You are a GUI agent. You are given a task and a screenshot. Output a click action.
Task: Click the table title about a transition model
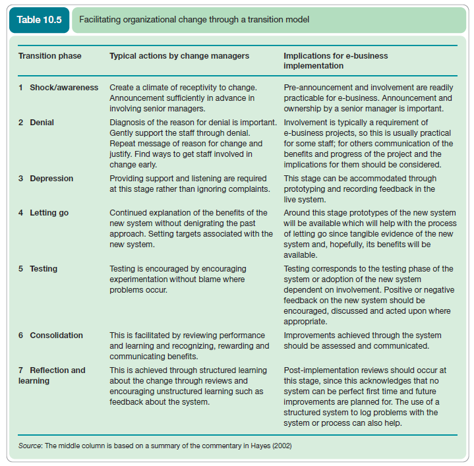pyautogui.click(x=194, y=20)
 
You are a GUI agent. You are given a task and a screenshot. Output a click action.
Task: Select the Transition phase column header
pyautogui.click(x=49, y=56)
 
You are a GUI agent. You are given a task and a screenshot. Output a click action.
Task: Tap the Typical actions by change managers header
pyautogui.click(x=179, y=56)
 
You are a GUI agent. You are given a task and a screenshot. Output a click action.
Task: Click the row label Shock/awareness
pyautogui.click(x=64, y=88)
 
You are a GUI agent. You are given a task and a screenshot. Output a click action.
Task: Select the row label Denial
pyautogui.click(x=42, y=123)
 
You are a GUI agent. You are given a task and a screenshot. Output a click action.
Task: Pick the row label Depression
pyautogui.click(x=51, y=179)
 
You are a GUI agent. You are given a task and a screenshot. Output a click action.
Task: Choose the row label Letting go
pyautogui.click(x=49, y=213)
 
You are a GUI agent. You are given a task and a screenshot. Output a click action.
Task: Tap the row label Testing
pyautogui.click(x=44, y=269)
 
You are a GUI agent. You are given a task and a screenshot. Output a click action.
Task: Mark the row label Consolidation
pyautogui.click(x=56, y=335)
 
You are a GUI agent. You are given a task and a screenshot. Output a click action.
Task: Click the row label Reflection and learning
pyautogui.click(x=52, y=375)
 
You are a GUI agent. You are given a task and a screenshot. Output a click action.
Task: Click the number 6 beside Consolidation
pyautogui.click(x=21, y=335)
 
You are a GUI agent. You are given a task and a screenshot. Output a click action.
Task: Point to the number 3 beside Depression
pyautogui.click(x=21, y=179)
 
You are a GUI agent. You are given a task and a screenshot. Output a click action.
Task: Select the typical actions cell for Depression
pyautogui.click(x=188, y=184)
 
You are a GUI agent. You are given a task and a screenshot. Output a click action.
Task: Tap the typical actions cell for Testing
pyautogui.click(x=178, y=279)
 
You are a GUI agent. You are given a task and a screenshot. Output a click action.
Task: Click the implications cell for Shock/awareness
pyautogui.click(x=368, y=98)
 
